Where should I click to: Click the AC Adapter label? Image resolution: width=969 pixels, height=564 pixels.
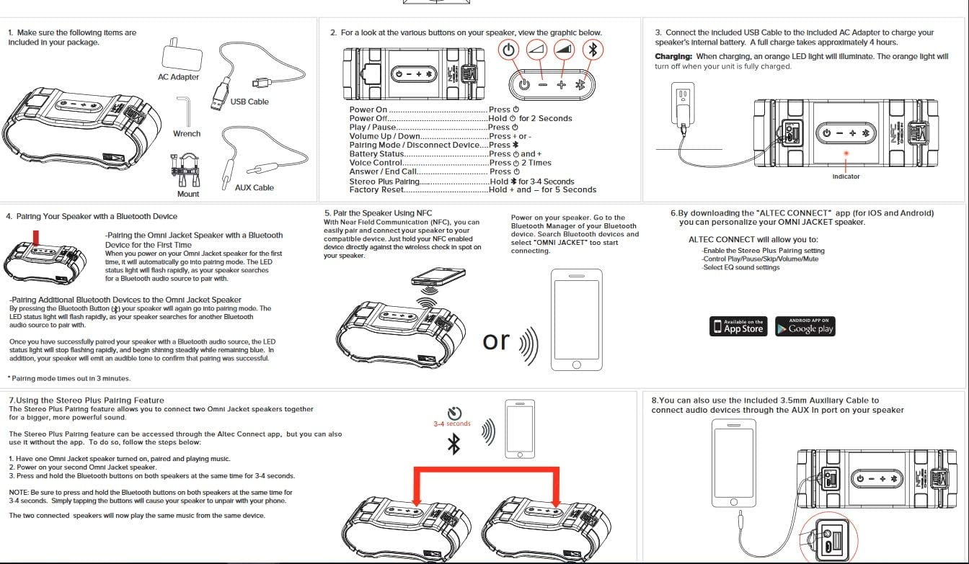point(178,77)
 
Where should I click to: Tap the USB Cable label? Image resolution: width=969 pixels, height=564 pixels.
point(249,102)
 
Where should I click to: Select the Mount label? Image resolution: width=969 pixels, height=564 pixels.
point(188,194)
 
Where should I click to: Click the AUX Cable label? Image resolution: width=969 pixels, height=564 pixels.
point(255,187)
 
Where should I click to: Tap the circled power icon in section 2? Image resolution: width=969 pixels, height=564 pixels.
point(509,50)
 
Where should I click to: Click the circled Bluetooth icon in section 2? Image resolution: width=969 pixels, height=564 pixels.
point(593,50)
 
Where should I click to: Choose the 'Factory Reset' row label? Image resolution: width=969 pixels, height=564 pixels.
point(376,190)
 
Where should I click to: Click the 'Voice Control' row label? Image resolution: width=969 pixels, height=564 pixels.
point(376,163)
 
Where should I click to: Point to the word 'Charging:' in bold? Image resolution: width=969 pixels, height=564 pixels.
point(673,57)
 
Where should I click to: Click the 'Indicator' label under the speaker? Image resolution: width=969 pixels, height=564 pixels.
point(846,176)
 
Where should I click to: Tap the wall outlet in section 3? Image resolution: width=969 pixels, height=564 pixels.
point(681,97)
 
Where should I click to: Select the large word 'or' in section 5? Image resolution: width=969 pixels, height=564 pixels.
point(496,341)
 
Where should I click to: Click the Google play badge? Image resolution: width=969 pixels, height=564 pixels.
point(805,326)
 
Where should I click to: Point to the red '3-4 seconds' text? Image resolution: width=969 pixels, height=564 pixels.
point(452,424)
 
